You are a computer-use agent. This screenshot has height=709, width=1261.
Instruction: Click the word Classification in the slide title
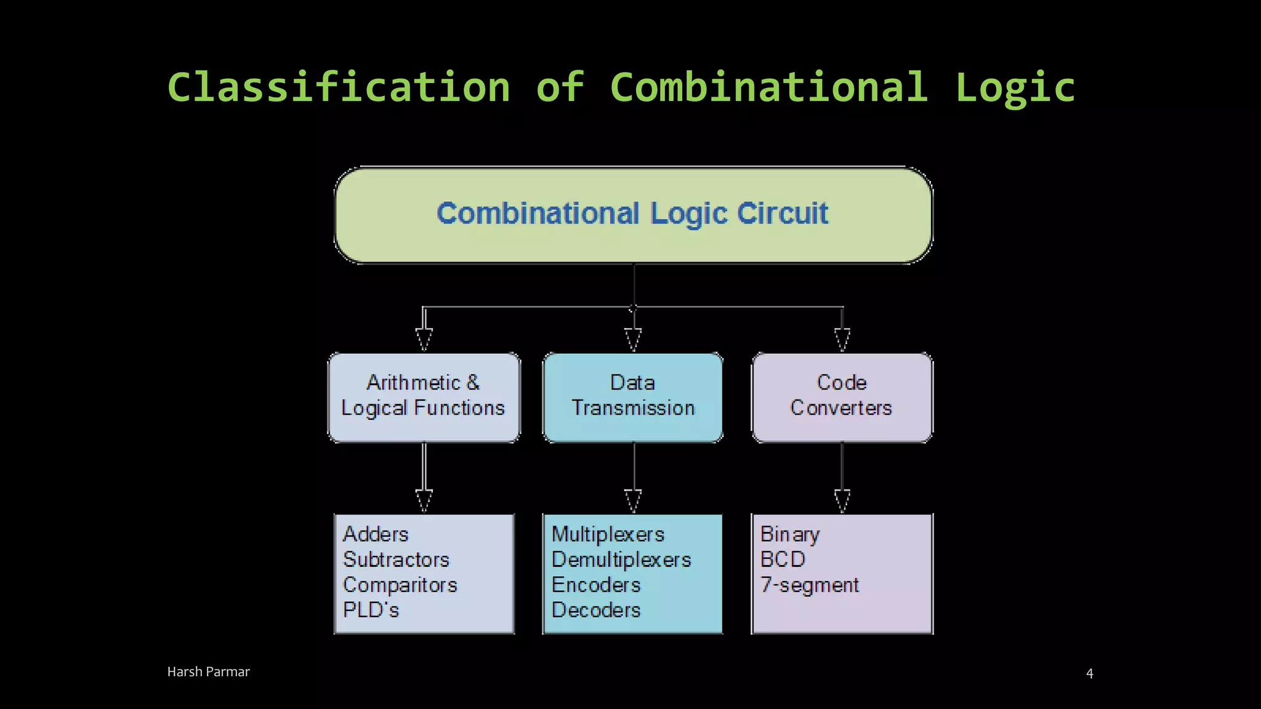click(339, 87)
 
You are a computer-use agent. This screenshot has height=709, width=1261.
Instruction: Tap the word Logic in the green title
click(1015, 87)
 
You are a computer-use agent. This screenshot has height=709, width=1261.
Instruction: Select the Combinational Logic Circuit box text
click(632, 214)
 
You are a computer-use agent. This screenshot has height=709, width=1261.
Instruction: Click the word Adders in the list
click(376, 534)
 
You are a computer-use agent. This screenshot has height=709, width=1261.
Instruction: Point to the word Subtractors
click(397, 559)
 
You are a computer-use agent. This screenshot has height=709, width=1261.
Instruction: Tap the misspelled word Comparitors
click(400, 585)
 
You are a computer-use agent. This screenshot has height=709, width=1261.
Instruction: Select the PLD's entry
click(371, 610)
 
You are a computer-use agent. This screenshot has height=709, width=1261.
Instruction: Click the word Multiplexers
click(608, 534)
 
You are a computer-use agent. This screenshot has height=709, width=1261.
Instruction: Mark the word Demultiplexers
click(621, 559)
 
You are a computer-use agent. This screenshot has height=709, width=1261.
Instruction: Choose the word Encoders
click(596, 585)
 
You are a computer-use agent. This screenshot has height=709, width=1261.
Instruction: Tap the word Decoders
click(596, 610)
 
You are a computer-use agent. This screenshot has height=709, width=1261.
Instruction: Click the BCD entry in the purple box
click(783, 559)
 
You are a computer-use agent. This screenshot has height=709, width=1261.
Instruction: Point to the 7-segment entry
click(809, 585)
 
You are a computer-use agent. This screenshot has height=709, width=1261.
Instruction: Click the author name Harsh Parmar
click(208, 671)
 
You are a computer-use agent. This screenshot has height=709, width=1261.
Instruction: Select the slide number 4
click(1089, 673)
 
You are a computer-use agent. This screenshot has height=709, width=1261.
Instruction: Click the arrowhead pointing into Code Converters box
click(842, 340)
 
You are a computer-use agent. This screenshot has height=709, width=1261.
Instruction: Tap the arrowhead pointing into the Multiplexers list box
click(633, 501)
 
